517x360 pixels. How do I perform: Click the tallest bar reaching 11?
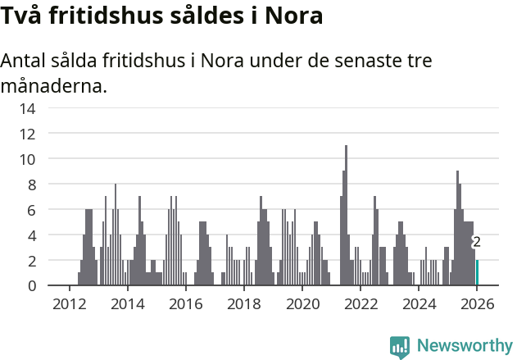(x=347, y=216)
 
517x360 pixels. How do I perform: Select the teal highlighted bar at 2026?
(x=477, y=272)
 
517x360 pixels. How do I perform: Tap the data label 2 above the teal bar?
(x=476, y=242)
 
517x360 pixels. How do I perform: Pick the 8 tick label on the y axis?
(x=30, y=185)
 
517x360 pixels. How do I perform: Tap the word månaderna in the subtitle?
(x=53, y=85)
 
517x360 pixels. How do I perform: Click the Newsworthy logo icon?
(x=400, y=346)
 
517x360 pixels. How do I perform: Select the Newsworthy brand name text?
(x=464, y=346)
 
